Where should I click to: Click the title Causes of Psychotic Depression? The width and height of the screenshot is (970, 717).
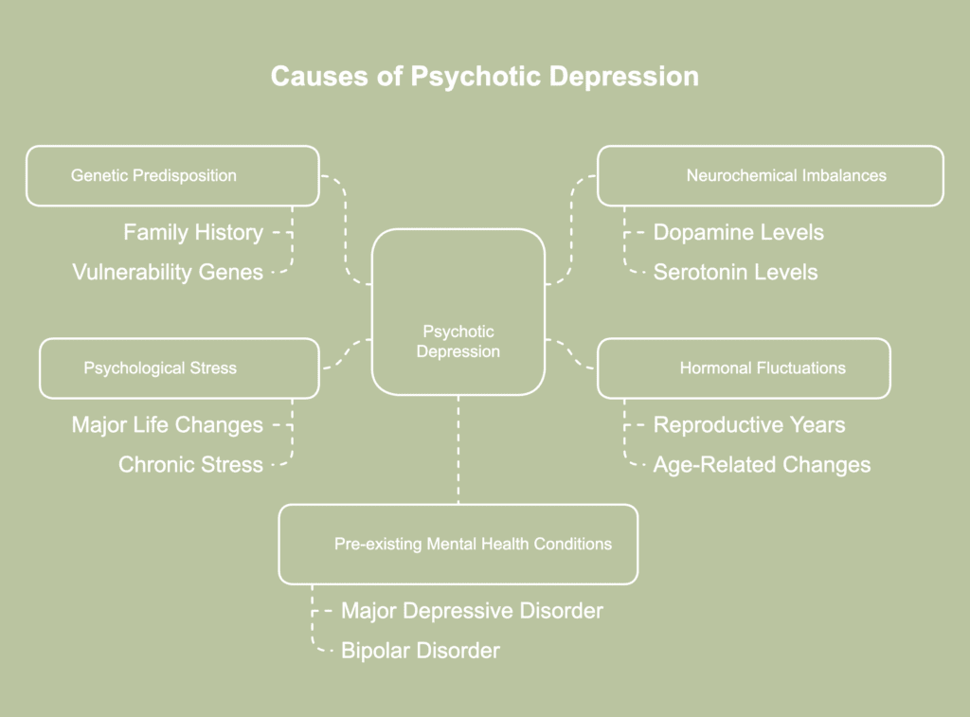click(484, 76)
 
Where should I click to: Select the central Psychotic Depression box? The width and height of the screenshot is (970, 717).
click(458, 313)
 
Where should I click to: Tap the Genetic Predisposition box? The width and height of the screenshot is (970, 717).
click(172, 175)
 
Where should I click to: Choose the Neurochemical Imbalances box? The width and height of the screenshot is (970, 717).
click(770, 175)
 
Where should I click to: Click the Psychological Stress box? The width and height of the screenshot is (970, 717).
click(179, 367)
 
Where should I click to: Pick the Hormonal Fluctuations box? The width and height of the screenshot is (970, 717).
click(744, 367)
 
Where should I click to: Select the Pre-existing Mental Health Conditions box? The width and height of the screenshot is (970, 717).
click(458, 544)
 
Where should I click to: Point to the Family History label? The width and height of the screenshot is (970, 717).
click(193, 232)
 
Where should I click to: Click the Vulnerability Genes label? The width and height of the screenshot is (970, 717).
click(168, 272)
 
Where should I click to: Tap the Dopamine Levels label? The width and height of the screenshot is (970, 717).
click(739, 232)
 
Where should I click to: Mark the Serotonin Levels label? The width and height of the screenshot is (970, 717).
click(735, 272)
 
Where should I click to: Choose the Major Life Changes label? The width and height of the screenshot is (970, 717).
click(168, 425)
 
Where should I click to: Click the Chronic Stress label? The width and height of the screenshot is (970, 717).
click(190, 464)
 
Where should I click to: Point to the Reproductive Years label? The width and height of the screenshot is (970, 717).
click(749, 425)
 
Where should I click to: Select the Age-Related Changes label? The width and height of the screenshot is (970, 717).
click(762, 464)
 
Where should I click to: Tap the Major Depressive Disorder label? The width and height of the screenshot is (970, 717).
click(472, 611)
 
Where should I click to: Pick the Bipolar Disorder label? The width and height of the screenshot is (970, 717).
click(421, 651)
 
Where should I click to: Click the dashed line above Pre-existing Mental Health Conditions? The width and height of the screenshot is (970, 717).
click(458, 450)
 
